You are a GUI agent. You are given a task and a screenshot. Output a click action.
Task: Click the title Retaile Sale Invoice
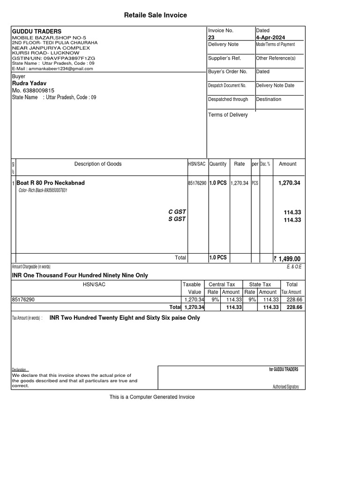[x=155, y=15]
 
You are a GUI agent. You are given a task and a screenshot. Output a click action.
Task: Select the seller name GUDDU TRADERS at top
[x=37, y=31]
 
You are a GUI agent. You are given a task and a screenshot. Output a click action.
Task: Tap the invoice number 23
[x=211, y=37]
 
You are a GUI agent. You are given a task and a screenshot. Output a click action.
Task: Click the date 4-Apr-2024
[x=270, y=37]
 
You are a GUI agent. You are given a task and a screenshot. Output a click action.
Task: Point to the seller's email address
[x=52, y=68]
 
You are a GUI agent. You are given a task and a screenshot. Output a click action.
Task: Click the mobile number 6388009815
[x=33, y=90]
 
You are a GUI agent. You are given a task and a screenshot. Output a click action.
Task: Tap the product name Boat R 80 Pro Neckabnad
[x=51, y=183]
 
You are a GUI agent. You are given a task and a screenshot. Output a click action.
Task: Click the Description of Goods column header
[x=98, y=164]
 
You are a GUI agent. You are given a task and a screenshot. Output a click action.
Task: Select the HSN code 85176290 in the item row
[x=197, y=183]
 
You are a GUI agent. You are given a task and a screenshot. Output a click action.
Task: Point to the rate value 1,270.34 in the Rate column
[x=240, y=183]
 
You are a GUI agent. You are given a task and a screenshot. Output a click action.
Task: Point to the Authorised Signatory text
[x=285, y=387]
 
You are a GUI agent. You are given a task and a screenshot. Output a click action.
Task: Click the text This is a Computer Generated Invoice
[x=152, y=397]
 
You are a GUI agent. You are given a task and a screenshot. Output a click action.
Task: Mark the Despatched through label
[x=228, y=99]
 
